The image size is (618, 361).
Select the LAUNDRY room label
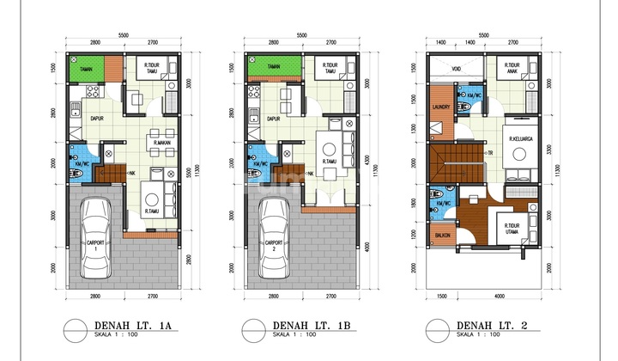click(442, 108)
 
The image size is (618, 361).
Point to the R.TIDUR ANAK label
click(516, 67)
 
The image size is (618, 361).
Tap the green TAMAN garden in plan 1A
click(85, 68)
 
